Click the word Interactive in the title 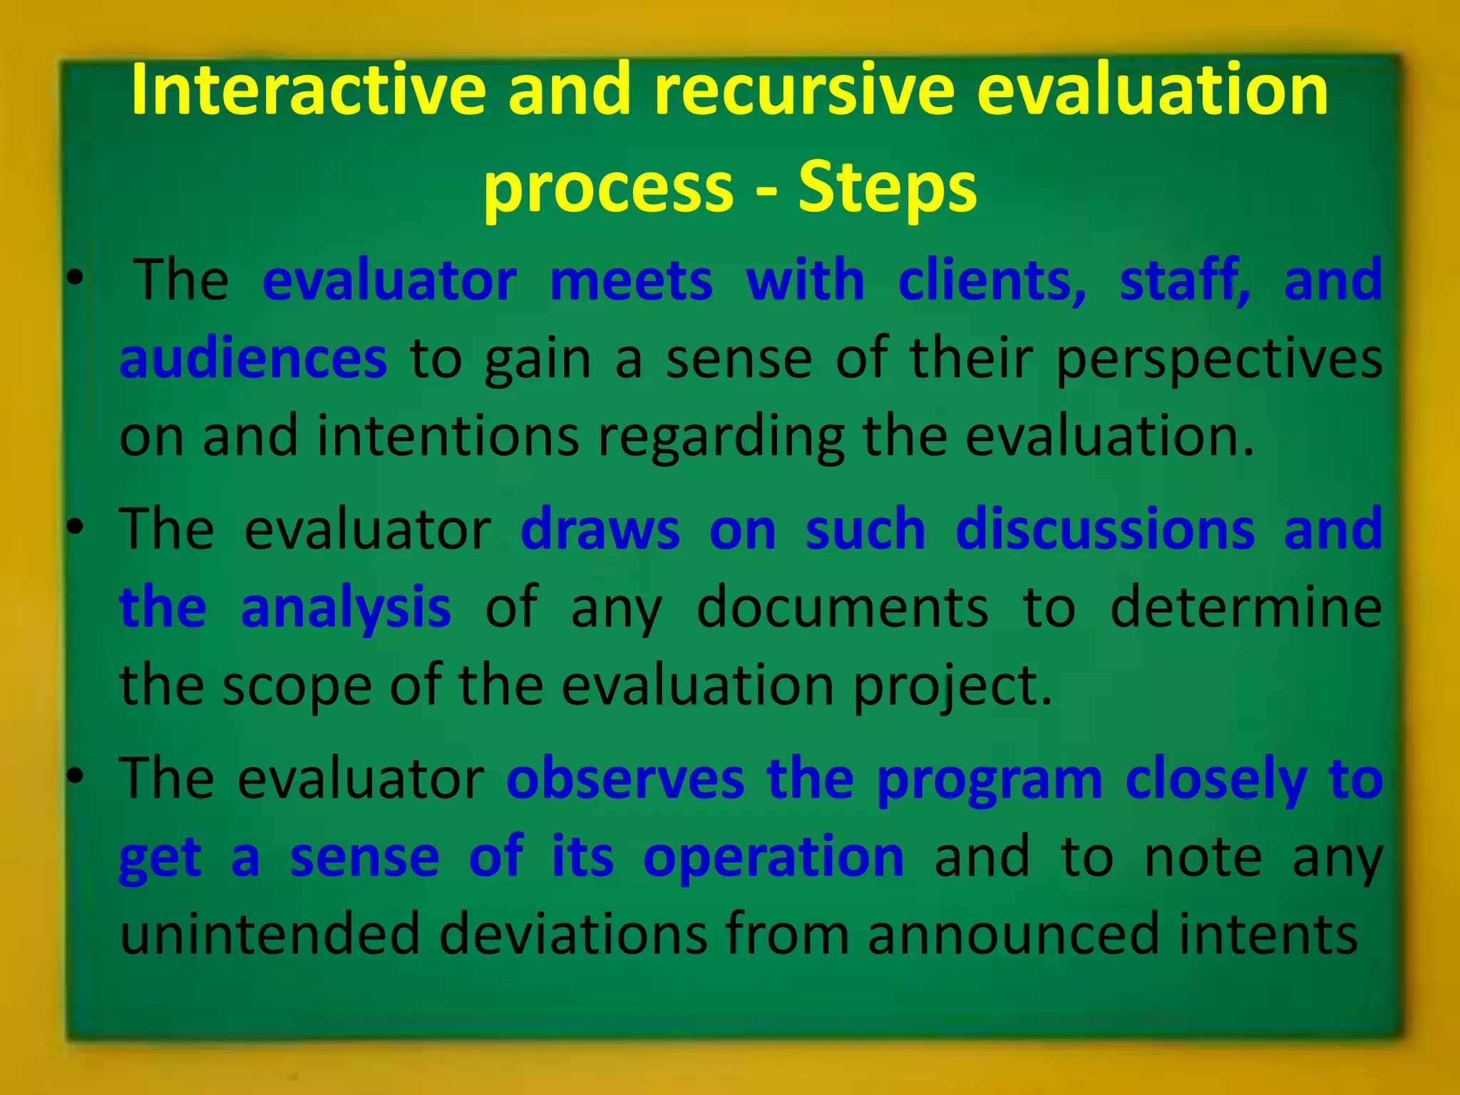point(308,90)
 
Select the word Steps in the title point(888,187)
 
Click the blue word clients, point(992,279)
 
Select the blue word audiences point(253,358)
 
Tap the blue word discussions point(1105,529)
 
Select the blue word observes point(625,778)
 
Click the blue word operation point(773,858)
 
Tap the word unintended point(269,934)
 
